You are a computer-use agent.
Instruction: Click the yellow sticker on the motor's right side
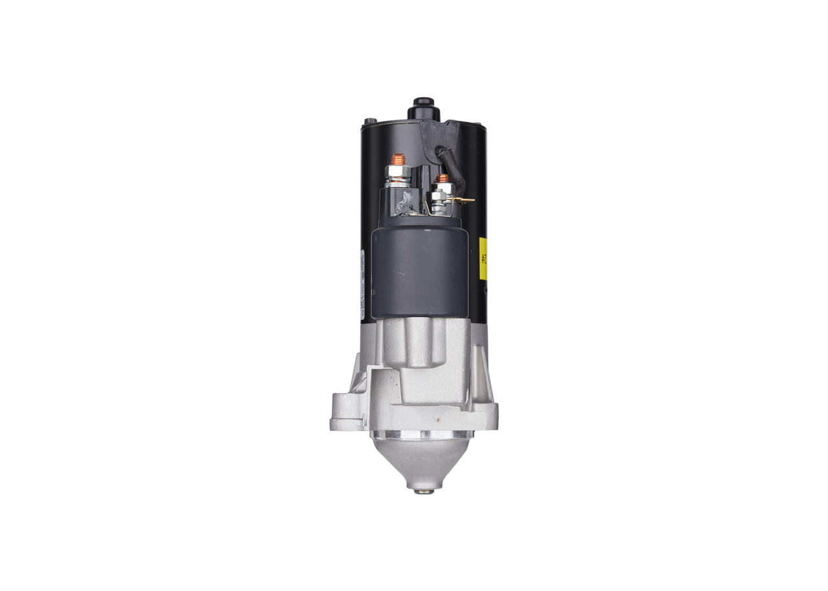pyautogui.click(x=483, y=259)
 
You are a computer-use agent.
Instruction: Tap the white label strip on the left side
pyautogui.click(x=361, y=285)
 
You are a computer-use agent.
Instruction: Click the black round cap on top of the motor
pyautogui.click(x=424, y=107)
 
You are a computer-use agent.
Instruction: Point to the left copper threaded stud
pyautogui.click(x=398, y=159)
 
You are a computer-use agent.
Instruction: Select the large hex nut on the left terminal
pyautogui.click(x=397, y=173)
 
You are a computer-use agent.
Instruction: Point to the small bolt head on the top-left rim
pyautogui.click(x=369, y=121)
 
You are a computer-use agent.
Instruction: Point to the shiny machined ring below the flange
pyautogui.click(x=422, y=435)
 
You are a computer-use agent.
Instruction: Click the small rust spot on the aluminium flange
pyautogui.click(x=438, y=418)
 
